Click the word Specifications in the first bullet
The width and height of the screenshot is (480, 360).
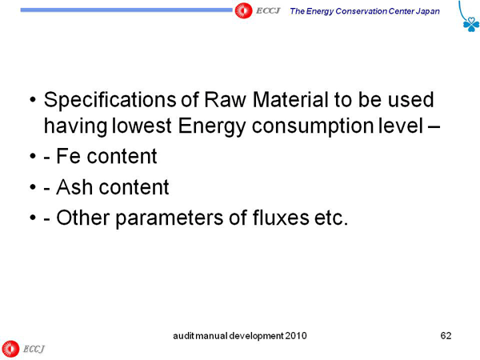click(x=110, y=100)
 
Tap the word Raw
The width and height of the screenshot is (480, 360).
click(x=225, y=100)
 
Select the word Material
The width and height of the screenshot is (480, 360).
click(x=291, y=100)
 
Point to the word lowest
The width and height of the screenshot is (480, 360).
click(x=142, y=126)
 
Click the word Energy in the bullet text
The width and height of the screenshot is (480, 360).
click(x=211, y=126)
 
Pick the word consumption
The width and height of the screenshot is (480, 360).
click(x=313, y=126)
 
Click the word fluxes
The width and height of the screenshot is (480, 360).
click(x=281, y=218)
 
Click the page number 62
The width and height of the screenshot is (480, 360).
click(x=446, y=335)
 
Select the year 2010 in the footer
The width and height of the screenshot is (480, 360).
click(x=296, y=336)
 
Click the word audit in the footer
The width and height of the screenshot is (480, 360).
click(x=184, y=336)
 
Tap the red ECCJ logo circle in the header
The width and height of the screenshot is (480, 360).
click(x=243, y=10)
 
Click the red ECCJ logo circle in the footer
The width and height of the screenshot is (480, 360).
click(x=10, y=349)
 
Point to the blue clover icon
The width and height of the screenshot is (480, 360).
click(x=471, y=24)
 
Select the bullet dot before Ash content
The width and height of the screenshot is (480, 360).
click(x=33, y=187)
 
